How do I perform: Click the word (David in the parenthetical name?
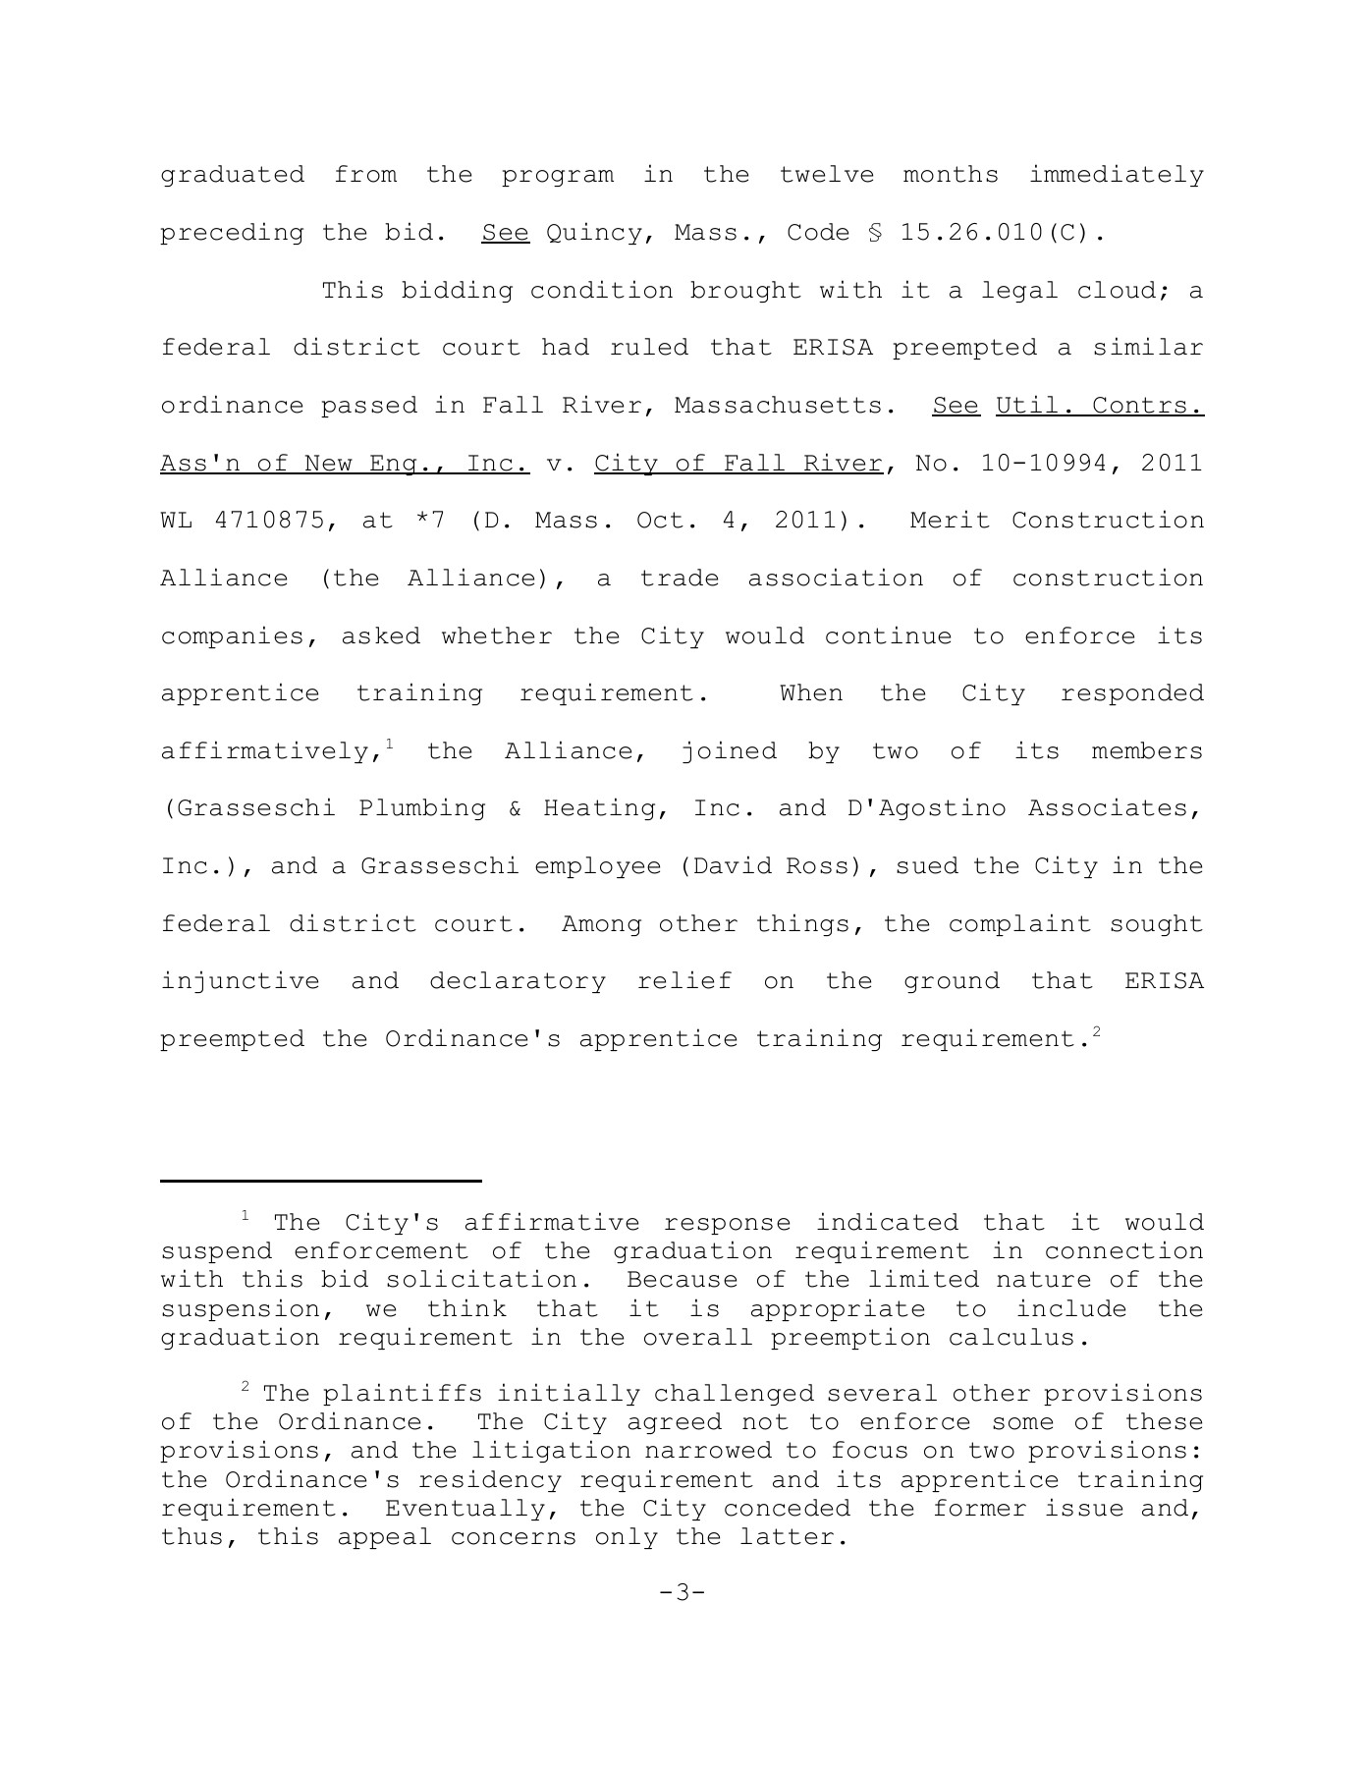click(x=725, y=866)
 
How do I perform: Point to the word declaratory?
click(x=517, y=981)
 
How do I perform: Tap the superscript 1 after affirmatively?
click(x=390, y=744)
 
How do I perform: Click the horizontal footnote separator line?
click(x=320, y=1180)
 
